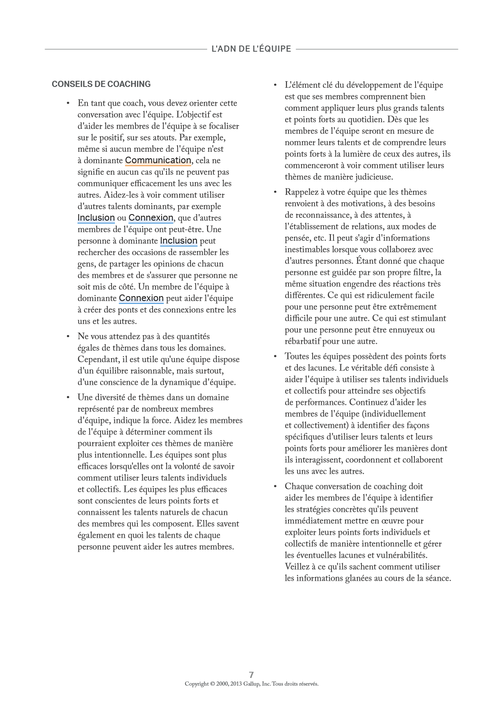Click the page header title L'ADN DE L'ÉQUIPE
coord(251,49)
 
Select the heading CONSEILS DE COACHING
coord(101,84)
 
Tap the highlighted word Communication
coord(158,160)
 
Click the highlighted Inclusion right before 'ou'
coord(96,218)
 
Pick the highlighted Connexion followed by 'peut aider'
coord(141,298)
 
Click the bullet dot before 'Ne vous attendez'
coord(67,337)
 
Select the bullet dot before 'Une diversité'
coord(67,397)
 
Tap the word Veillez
coord(298,567)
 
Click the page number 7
coord(251,675)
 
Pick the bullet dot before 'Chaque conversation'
coord(274,486)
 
